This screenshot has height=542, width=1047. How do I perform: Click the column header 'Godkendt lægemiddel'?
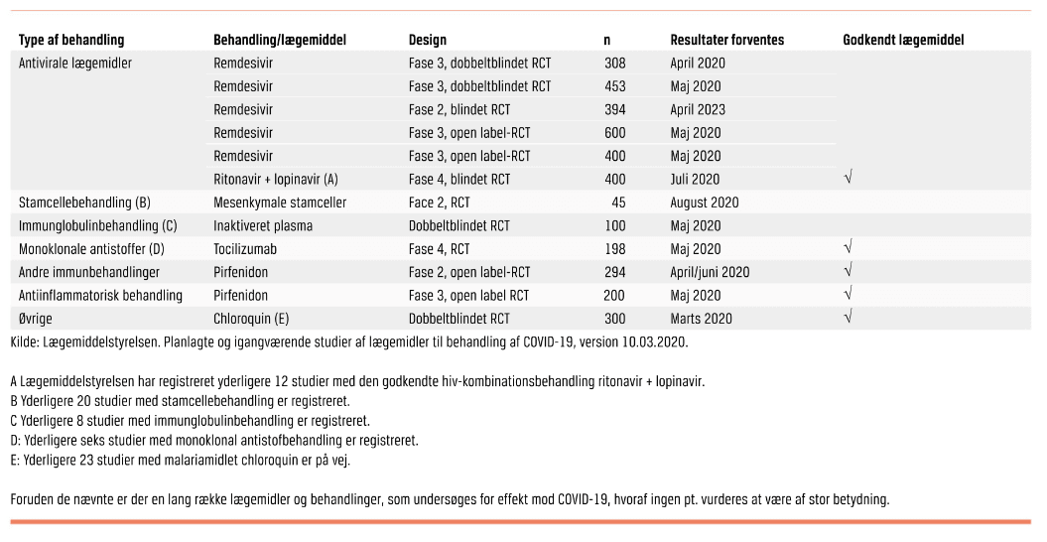tap(903, 41)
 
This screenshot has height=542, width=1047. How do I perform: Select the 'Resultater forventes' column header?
tap(726, 41)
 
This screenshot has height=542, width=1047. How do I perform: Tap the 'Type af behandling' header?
tap(71, 41)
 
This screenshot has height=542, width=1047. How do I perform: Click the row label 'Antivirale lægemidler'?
tap(75, 63)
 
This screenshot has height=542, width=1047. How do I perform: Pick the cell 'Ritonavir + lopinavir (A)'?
tap(276, 180)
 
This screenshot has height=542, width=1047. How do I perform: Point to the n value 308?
tap(614, 63)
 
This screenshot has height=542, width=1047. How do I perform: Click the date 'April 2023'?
tap(698, 109)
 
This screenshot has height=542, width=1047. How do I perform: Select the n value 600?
tap(614, 133)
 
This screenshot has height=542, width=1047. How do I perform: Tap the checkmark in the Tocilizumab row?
tap(849, 246)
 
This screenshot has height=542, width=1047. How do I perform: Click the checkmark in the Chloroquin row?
tap(849, 317)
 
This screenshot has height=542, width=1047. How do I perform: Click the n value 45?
tap(618, 203)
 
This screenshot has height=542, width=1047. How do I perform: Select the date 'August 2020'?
tap(704, 203)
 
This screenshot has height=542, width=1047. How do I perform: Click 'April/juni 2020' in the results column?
tap(710, 272)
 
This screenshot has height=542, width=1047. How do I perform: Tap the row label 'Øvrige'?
tap(39, 319)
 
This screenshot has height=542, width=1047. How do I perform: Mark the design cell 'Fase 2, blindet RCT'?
tap(459, 109)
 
